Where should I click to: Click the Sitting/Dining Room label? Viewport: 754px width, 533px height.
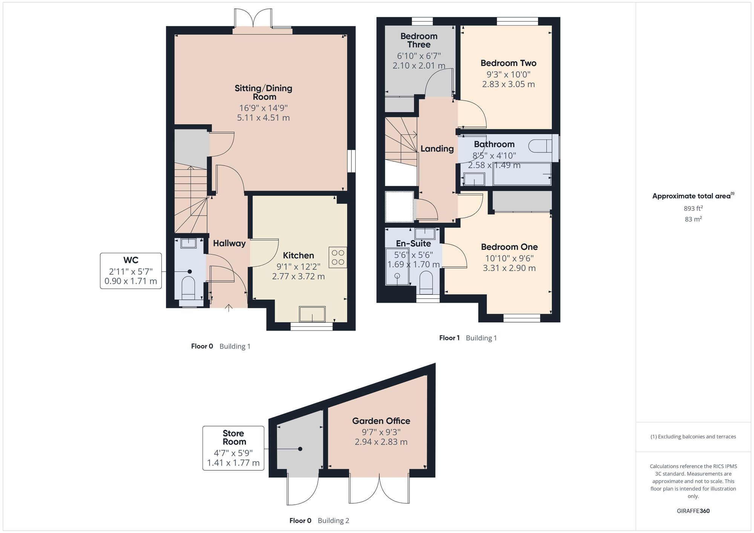click(x=264, y=92)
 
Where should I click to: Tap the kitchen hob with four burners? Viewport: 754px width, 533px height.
click(x=338, y=257)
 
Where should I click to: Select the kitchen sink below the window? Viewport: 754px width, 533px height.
click(x=312, y=314)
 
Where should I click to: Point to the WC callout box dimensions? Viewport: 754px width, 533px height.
click(x=131, y=276)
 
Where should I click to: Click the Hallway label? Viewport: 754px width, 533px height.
click(x=229, y=244)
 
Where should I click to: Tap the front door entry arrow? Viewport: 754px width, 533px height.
click(x=228, y=308)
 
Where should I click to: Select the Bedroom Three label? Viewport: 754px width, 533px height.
click(x=419, y=40)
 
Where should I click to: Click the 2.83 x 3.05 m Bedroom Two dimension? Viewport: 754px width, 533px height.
click(x=508, y=84)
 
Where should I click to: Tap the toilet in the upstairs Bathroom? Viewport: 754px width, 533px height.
click(x=539, y=146)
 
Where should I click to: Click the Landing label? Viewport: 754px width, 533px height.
click(x=437, y=149)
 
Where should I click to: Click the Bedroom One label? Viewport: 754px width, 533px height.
click(x=509, y=247)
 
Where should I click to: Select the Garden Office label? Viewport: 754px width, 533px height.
click(x=381, y=421)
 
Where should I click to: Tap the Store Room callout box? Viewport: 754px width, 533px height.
click(x=233, y=448)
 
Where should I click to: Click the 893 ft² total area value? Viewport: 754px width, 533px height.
click(x=693, y=208)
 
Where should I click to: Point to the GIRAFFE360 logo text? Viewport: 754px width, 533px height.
click(x=693, y=511)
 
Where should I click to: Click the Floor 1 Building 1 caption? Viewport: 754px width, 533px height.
click(x=468, y=338)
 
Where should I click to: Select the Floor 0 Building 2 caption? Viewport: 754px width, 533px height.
click(x=319, y=521)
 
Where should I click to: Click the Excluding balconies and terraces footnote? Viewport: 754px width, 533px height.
click(x=693, y=437)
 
